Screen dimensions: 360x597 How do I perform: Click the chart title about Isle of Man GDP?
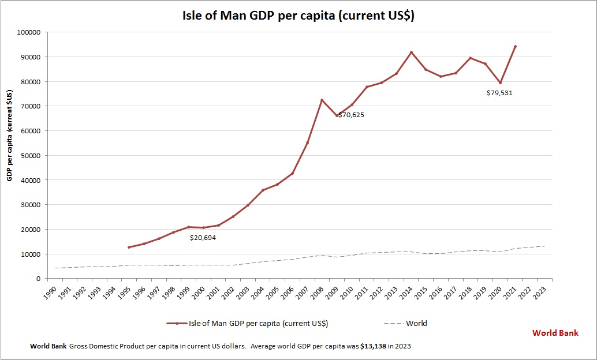(298, 16)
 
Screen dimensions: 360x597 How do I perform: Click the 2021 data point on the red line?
(515, 47)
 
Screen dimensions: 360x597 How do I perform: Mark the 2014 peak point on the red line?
(411, 52)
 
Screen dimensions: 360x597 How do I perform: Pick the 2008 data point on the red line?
(322, 100)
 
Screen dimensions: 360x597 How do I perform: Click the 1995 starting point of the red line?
(129, 247)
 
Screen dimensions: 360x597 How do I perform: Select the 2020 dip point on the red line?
(500, 82)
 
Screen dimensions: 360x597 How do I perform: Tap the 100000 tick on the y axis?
(28, 32)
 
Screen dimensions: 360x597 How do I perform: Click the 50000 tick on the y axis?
(29, 156)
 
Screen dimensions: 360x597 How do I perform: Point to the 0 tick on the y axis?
(37, 279)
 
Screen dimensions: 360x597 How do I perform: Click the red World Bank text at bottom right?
(555, 333)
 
